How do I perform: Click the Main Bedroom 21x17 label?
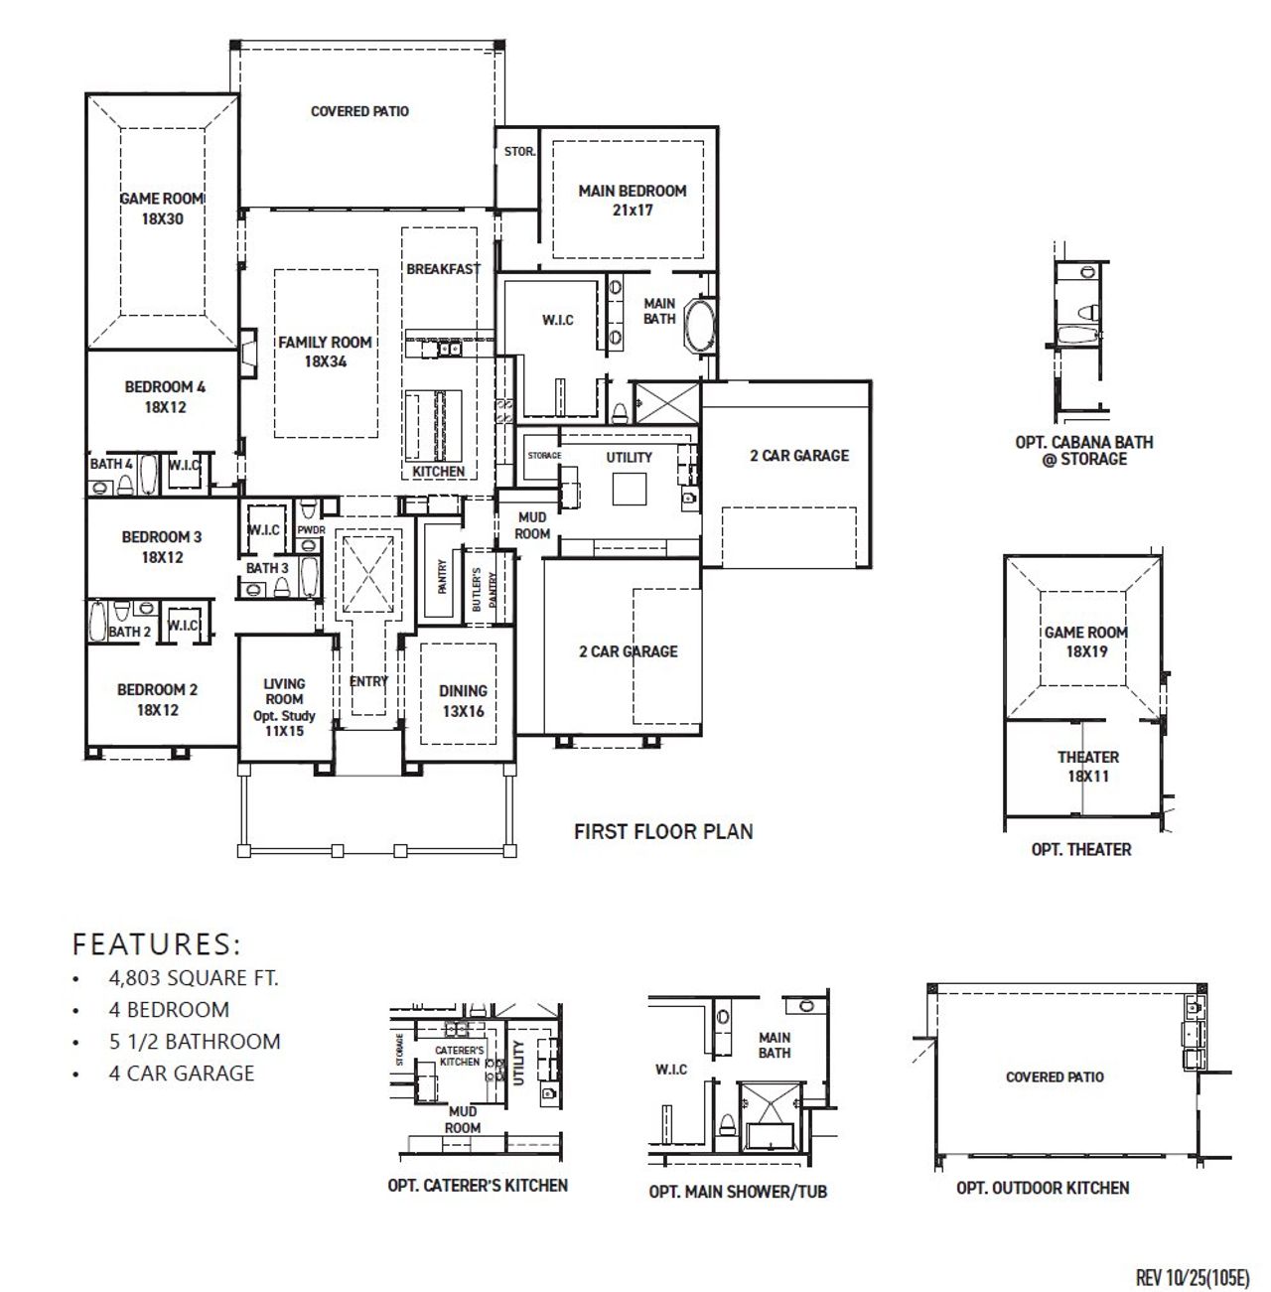tap(632, 200)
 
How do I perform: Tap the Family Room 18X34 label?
tap(325, 352)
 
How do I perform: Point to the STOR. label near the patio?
tap(519, 152)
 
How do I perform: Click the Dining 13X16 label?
tap(463, 700)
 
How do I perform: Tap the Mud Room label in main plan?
tap(532, 525)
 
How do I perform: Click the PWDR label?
tap(311, 530)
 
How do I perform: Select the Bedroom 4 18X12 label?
tap(165, 396)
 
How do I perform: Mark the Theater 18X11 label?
tap(1087, 766)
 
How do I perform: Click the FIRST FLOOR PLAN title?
tap(663, 831)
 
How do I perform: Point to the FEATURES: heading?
tap(157, 942)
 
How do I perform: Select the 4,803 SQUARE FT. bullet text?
tap(194, 978)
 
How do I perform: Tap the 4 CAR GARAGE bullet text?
tap(182, 1074)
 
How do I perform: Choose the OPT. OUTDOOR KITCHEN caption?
tap(1042, 1188)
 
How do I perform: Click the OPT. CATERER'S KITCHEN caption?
tap(478, 1186)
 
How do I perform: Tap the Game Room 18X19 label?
tap(1085, 642)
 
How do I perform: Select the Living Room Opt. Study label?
tap(284, 706)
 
